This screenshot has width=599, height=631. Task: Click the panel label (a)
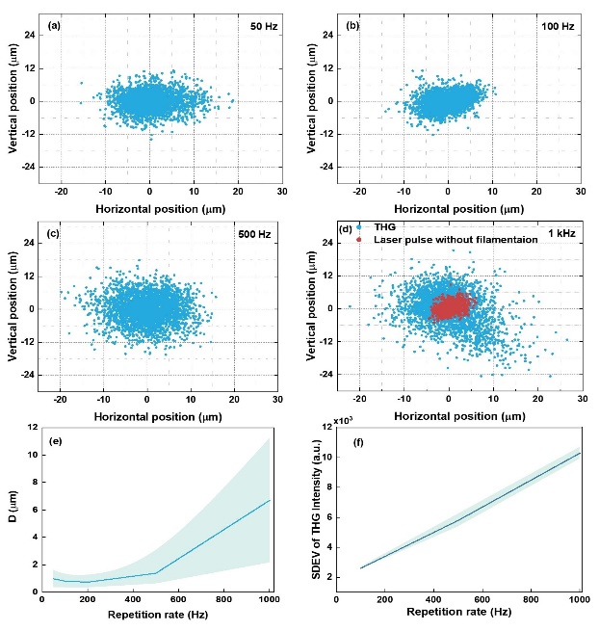pos(55,25)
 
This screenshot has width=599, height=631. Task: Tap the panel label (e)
pos(55,437)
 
